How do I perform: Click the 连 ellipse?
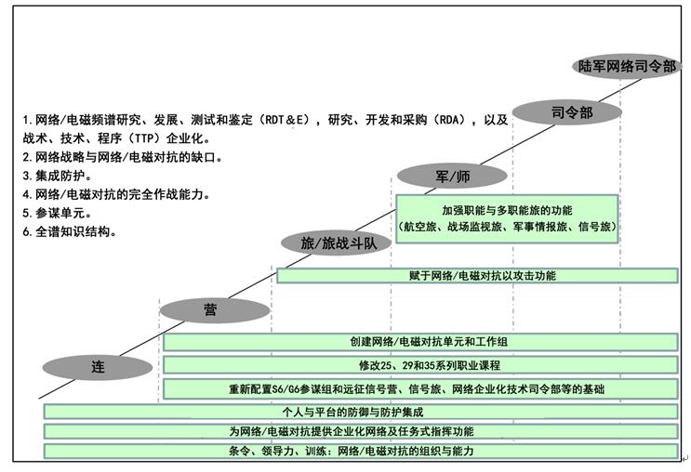[97, 367]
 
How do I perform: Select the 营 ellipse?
[215, 309]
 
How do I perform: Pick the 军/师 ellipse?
[452, 175]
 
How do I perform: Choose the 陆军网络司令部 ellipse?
[626, 66]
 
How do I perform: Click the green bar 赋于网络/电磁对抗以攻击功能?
[477, 275]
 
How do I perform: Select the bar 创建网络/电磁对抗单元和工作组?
[419, 343]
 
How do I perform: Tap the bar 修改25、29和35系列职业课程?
[419, 366]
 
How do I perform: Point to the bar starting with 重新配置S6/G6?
[419, 389]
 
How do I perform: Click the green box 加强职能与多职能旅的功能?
[507, 218]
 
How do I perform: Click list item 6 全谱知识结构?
[71, 231]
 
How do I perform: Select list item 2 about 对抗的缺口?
[122, 157]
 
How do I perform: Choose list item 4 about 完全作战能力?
[116, 194]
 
